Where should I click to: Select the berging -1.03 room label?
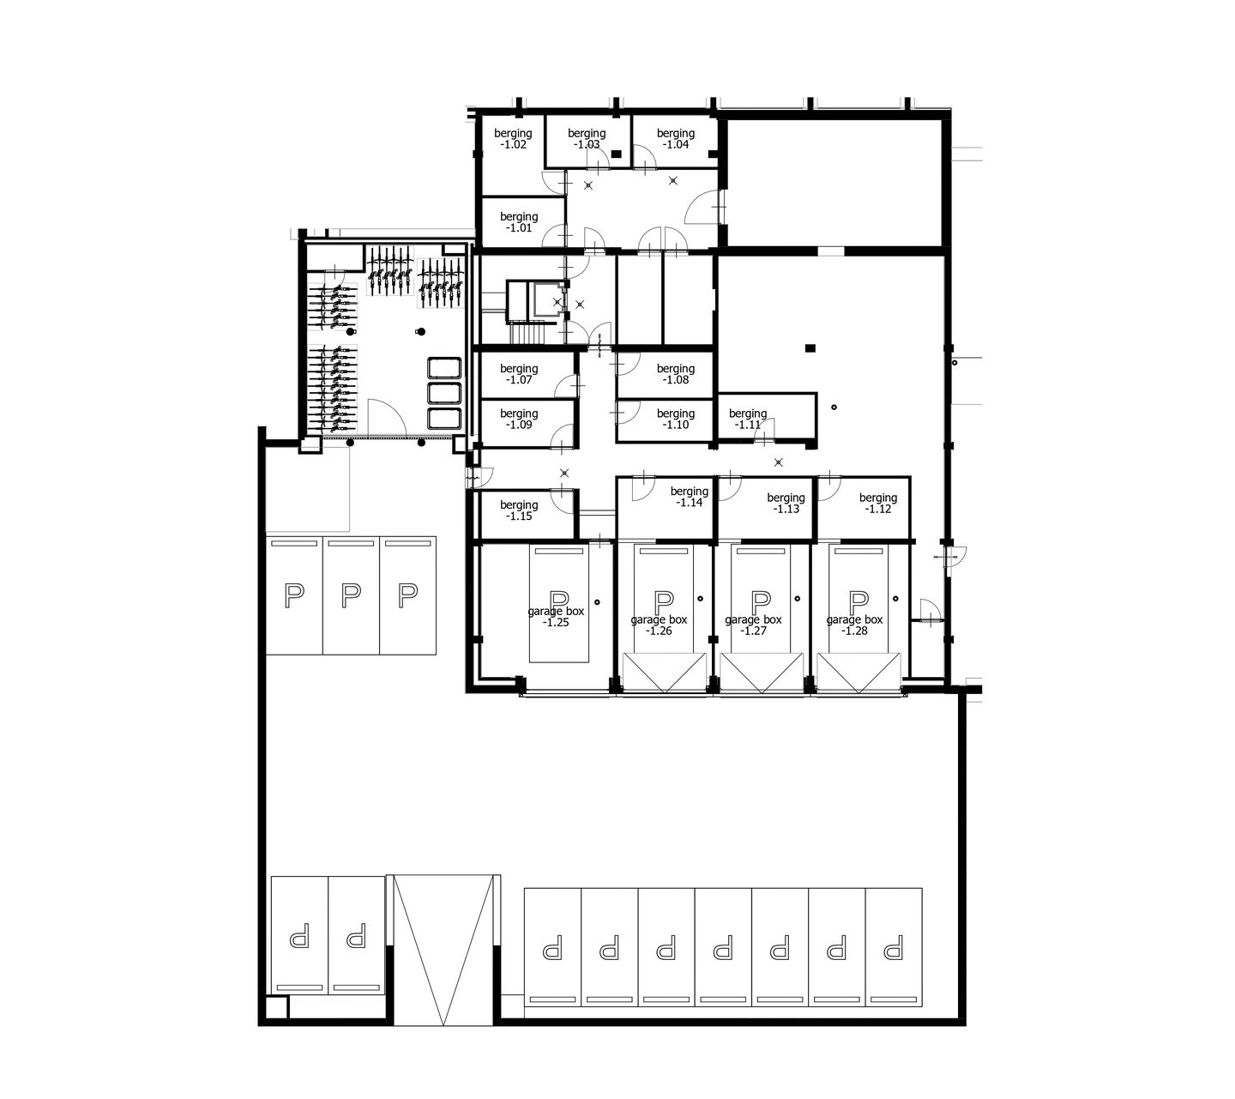[x=587, y=139]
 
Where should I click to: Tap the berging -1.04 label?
[x=676, y=139]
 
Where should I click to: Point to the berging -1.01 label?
[x=519, y=222]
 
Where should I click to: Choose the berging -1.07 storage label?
[x=519, y=374]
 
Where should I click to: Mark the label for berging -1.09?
[x=519, y=419]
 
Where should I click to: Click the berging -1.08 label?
[x=676, y=374]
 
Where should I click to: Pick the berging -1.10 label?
[x=676, y=419]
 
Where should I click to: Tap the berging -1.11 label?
[x=748, y=419]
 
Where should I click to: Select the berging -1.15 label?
[x=519, y=510]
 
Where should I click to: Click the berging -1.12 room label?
[x=878, y=503]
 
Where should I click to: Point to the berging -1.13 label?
[x=786, y=503]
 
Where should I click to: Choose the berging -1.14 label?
[x=690, y=498]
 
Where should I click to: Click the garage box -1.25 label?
[x=557, y=616]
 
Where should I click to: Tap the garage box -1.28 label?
[x=855, y=625]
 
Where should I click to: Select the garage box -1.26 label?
[x=659, y=625]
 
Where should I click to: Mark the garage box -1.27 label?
[x=754, y=625]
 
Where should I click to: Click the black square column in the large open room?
[x=810, y=347]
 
